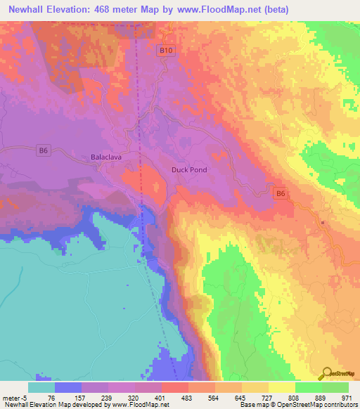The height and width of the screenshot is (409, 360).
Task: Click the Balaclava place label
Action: coord(106,157)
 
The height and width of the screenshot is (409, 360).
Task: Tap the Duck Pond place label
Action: coord(189,170)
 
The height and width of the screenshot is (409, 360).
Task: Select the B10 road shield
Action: coord(164,51)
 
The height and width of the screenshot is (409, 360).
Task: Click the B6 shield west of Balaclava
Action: coord(43,150)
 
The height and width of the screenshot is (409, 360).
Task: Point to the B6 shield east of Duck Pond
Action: coord(281,193)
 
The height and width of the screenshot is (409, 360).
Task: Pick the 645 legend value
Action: coord(243,398)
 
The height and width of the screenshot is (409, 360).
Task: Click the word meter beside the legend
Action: coord(12,398)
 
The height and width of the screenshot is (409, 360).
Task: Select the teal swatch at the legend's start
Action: coord(41,387)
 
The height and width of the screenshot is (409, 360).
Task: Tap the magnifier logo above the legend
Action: coord(328,372)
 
